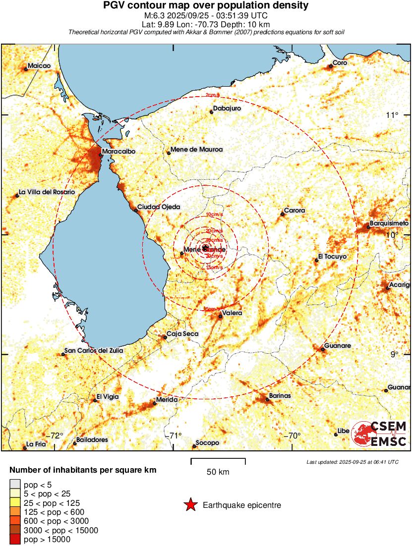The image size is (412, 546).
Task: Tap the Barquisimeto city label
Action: (x=389, y=223)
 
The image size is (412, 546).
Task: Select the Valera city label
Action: (x=232, y=313)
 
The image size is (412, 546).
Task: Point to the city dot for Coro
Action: (x=331, y=66)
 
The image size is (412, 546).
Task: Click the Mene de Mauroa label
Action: (x=196, y=149)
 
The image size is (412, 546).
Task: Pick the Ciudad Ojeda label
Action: (x=158, y=207)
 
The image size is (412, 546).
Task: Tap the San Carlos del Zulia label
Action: (x=94, y=351)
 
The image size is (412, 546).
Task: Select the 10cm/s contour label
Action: (x=214, y=215)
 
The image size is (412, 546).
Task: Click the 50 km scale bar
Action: (x=218, y=462)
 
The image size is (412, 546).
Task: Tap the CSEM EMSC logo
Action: (x=379, y=434)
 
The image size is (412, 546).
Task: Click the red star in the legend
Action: (x=190, y=505)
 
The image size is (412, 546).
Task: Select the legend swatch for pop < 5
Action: (x=15, y=484)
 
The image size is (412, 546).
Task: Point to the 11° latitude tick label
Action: (x=392, y=115)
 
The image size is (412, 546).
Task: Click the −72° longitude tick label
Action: (x=56, y=436)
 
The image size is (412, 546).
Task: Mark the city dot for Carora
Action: (x=282, y=214)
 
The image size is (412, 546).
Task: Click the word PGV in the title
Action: (x=115, y=5)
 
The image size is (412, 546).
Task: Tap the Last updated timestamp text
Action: (x=352, y=462)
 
